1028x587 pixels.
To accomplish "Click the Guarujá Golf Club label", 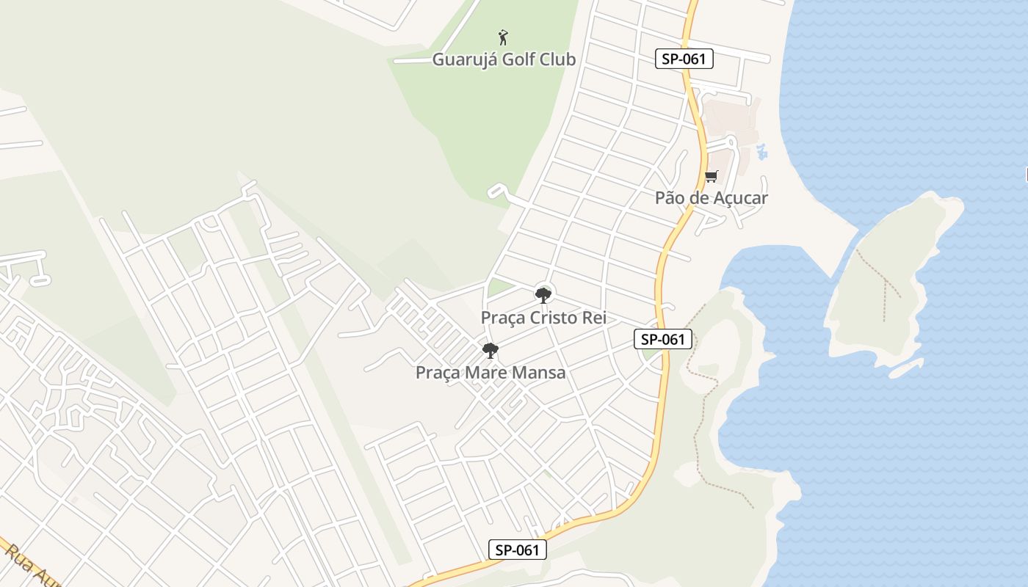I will click(x=504, y=59).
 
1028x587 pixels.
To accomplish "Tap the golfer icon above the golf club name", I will click(x=503, y=37).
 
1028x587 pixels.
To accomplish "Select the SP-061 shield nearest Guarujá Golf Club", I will click(x=684, y=59).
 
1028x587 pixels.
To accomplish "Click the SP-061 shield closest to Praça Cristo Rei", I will click(x=663, y=339).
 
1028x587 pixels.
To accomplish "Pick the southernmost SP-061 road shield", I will click(x=518, y=550).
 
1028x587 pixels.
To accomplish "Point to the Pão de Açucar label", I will click(x=711, y=198).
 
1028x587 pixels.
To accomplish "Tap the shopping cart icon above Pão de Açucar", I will click(x=711, y=176).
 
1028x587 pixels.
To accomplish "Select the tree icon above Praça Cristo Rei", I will click(x=543, y=295).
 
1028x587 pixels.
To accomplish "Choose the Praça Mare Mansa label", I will click(x=491, y=373).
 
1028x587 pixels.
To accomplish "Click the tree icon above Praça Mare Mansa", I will click(x=491, y=350).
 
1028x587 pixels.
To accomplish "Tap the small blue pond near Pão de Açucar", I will click(x=761, y=152).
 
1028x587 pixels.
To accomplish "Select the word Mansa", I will click(x=539, y=373).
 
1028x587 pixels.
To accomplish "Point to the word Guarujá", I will click(x=464, y=59).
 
